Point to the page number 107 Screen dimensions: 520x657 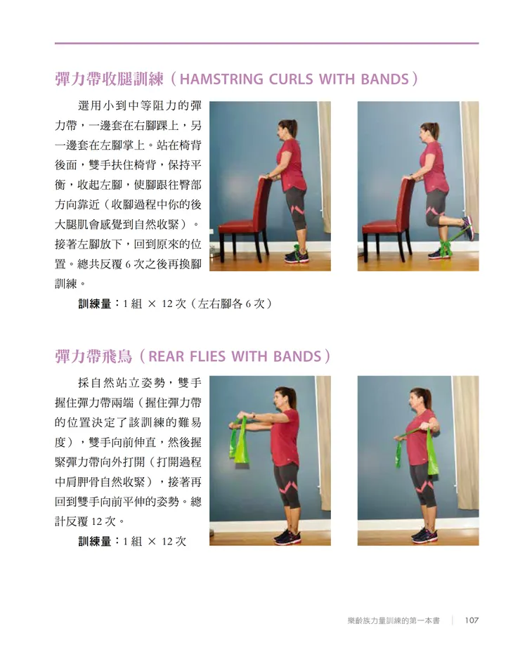click(x=472, y=620)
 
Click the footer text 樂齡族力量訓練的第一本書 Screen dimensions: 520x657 click(x=394, y=620)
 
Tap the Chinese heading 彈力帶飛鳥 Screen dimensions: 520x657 click(x=93, y=356)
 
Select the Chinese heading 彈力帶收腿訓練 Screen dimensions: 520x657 click(x=109, y=79)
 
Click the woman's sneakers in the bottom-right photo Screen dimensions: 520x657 click(x=424, y=534)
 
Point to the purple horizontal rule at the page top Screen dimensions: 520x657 click(x=266, y=43)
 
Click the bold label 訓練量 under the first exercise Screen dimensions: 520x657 click(x=95, y=304)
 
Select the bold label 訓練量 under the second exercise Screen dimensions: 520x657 click(x=95, y=541)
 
